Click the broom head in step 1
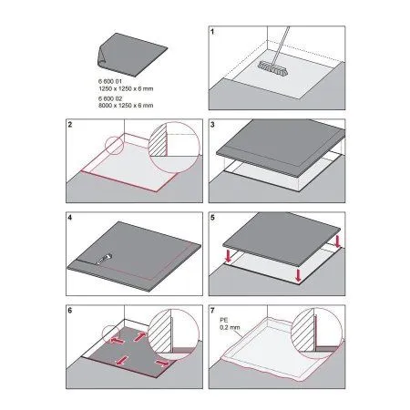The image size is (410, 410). pyautogui.click(x=273, y=69)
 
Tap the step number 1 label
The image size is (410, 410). pyautogui.click(x=212, y=32)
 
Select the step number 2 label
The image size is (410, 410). pyautogui.click(x=70, y=125)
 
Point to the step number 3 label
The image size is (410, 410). pyautogui.click(x=212, y=125)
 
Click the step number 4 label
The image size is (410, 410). pyautogui.click(x=70, y=218)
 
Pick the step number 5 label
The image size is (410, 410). pyautogui.click(x=212, y=218)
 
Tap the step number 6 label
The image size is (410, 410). pyautogui.click(x=70, y=311)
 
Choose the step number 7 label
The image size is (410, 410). pyautogui.click(x=212, y=311)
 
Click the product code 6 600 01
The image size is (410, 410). pyautogui.click(x=109, y=81)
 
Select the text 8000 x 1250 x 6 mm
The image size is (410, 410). pyautogui.click(x=126, y=106)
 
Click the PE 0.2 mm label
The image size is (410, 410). pyautogui.click(x=230, y=323)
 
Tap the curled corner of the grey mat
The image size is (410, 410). pyautogui.click(x=101, y=57)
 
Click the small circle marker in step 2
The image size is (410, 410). pyautogui.click(x=114, y=145)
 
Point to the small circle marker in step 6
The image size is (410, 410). pyautogui.click(x=111, y=334)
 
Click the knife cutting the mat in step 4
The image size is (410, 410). pyautogui.click(x=104, y=260)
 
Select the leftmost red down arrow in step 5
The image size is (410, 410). pyautogui.click(x=229, y=258)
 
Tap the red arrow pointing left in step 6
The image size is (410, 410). pyautogui.click(x=117, y=341)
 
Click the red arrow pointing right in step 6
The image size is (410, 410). pyautogui.click(x=161, y=363)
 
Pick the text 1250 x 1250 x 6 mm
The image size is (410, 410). pyautogui.click(x=126, y=88)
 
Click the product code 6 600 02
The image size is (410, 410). pyautogui.click(x=110, y=98)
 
